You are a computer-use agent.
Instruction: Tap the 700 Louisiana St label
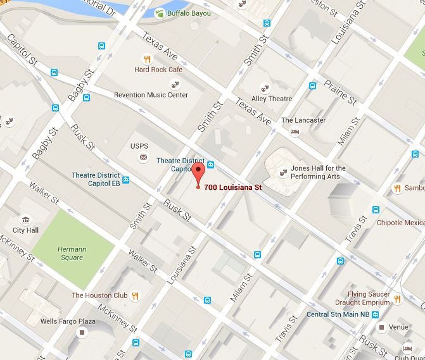(232, 187)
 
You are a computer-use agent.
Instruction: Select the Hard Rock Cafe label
(158, 70)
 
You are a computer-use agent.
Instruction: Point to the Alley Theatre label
(271, 99)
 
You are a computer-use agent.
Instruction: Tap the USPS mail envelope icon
(143, 156)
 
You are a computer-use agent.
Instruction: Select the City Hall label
(26, 230)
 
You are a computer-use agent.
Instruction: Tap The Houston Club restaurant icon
(135, 295)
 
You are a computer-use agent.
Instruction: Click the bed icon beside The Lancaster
(295, 132)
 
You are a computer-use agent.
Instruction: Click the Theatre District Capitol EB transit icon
(126, 180)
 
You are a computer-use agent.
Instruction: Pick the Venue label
(398, 327)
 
